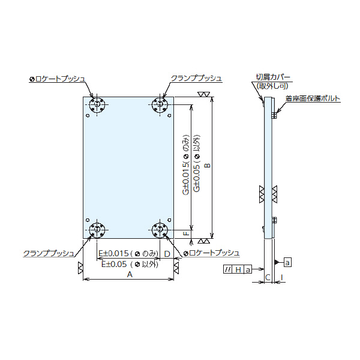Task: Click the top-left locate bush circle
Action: click(x=97, y=104)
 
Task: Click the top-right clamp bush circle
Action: click(x=160, y=104)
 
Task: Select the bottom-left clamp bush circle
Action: click(x=97, y=230)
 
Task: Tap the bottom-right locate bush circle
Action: click(x=160, y=230)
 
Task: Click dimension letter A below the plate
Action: click(x=130, y=274)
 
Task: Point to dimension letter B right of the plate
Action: click(x=208, y=166)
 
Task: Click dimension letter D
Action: click(x=167, y=254)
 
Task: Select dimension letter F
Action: click(x=187, y=233)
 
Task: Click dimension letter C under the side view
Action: click(x=268, y=277)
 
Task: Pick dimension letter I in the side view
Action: click(x=282, y=277)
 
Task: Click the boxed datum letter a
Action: click(x=287, y=262)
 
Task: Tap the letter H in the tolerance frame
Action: click(x=238, y=269)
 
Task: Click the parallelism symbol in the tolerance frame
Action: click(x=228, y=269)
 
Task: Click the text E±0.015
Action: click(x=113, y=253)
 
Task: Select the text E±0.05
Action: click(x=114, y=264)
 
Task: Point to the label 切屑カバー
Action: click(x=273, y=77)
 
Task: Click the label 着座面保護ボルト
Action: click(x=313, y=98)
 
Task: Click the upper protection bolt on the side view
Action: click(x=274, y=115)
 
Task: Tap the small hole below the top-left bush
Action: click(x=88, y=116)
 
